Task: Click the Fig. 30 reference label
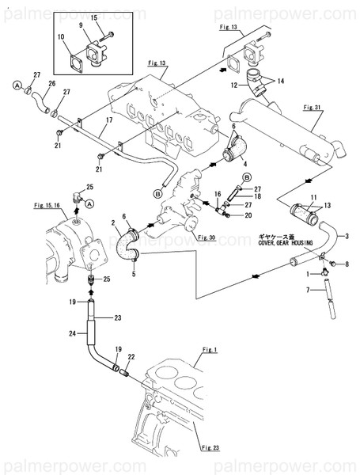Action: (207, 237)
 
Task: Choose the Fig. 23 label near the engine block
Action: (210, 447)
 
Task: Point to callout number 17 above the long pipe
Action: (108, 120)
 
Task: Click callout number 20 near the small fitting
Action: (248, 215)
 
